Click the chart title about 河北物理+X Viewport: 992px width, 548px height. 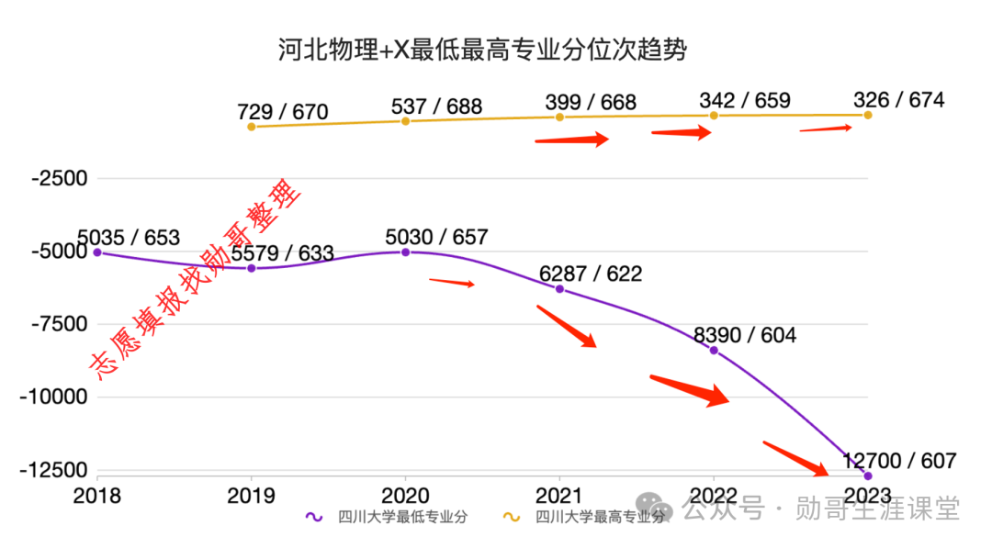click(482, 50)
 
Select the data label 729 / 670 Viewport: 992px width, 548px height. click(282, 112)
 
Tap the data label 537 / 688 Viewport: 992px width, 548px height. click(436, 106)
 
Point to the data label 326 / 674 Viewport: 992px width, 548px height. click(898, 100)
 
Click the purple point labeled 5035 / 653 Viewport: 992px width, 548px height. click(97, 252)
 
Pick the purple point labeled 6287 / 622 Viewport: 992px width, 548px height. click(559, 289)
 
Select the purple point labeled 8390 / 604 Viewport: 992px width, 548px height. click(714, 351)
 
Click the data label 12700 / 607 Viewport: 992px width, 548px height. click(899, 461)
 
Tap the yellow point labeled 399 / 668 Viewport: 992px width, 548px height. click(559, 117)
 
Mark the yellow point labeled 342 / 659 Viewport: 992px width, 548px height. click(714, 115)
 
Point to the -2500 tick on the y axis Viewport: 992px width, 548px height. click(59, 178)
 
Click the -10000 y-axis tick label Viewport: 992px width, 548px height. click(54, 397)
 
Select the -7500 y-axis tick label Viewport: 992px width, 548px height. click(59, 324)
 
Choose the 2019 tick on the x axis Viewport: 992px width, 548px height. click(251, 496)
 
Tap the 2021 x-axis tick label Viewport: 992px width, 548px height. click(559, 496)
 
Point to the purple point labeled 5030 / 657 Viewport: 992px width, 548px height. click(405, 252)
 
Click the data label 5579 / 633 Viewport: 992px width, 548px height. click(282, 253)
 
